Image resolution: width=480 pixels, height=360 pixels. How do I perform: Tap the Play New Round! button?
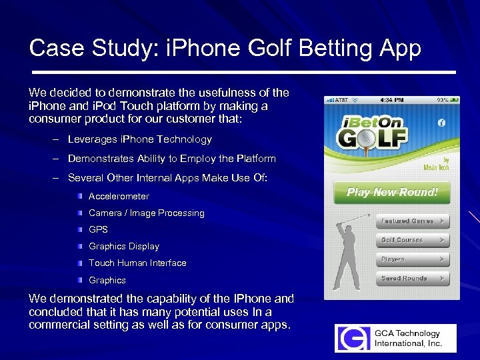pos(392,192)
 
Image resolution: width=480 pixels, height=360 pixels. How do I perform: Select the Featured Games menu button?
pos(412,221)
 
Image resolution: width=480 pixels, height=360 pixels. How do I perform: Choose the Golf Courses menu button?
pos(412,240)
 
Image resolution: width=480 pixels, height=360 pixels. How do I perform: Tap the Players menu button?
pos(412,259)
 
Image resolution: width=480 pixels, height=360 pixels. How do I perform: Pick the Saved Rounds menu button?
pos(412,279)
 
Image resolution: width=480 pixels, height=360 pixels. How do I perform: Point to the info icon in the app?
pos(441,123)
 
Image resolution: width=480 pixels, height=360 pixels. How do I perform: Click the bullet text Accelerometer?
pos(119,196)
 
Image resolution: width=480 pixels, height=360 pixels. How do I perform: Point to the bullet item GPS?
pos(98,229)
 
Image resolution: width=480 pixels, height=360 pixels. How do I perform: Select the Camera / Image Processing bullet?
pos(146,213)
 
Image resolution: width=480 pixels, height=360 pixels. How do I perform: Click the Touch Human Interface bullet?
pos(137,263)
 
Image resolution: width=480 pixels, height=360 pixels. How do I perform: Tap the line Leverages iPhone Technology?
pos(139,139)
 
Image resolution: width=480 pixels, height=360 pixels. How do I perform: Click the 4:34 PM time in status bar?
pos(392,100)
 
